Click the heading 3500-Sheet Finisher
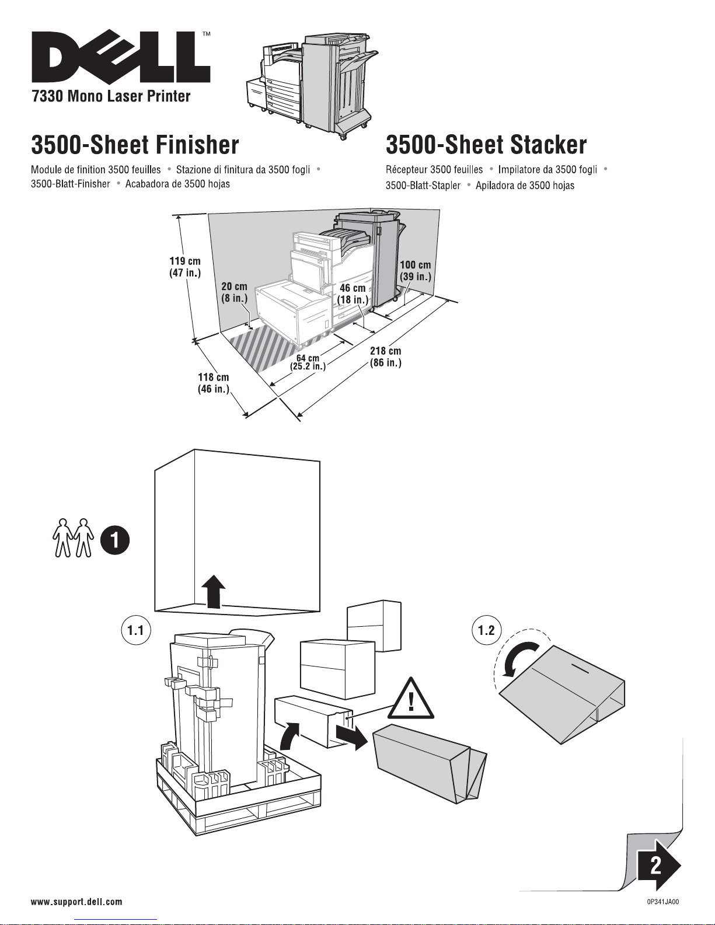coord(135,145)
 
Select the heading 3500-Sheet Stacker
coord(486,145)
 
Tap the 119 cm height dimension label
coord(185,267)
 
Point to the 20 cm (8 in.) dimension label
coord(234,292)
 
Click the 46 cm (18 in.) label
coord(353,294)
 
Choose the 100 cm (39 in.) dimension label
coord(415,271)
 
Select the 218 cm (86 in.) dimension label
coord(385,357)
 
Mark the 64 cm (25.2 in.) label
coord(308,362)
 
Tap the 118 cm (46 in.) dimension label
coord(213,383)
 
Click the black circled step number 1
coord(115,540)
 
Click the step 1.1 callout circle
coord(136,630)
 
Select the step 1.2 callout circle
coord(486,630)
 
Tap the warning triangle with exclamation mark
coord(412,700)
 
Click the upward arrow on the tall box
coord(216,591)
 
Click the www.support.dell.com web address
coord(76,902)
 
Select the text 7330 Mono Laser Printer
coord(111,96)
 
